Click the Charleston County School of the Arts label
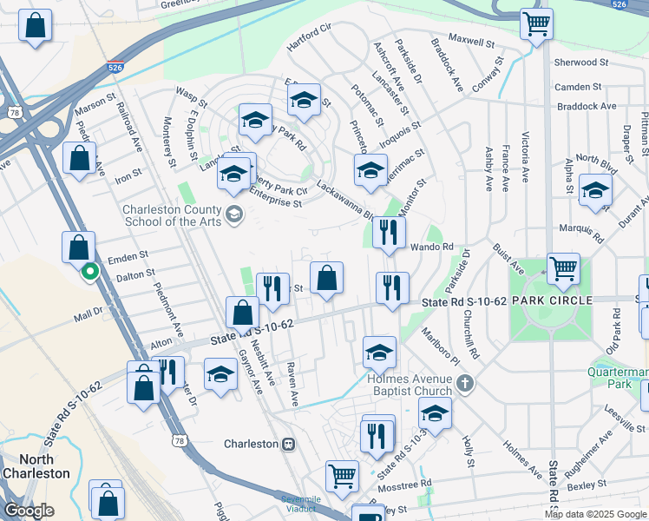[x=173, y=215]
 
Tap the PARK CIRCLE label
[x=552, y=300]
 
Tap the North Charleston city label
[x=36, y=466]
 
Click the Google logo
[x=28, y=511]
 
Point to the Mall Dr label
[x=88, y=310]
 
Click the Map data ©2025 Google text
[x=594, y=514]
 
